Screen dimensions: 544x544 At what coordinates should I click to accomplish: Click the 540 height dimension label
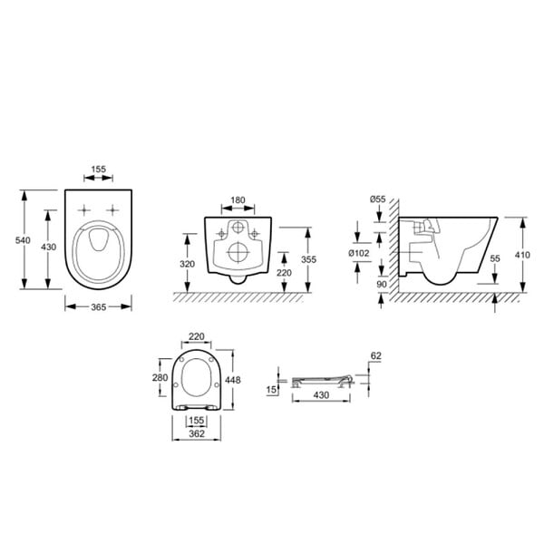tap(23, 240)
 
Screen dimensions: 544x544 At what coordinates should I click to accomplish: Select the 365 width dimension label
tap(99, 307)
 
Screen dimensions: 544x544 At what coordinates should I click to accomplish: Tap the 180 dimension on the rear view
tap(238, 200)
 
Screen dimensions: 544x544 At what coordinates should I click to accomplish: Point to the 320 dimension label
tap(188, 264)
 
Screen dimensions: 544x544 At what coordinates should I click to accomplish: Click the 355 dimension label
tap(308, 259)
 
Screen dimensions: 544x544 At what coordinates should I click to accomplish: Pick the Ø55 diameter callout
tap(377, 199)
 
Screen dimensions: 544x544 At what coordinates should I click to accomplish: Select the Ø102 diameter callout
tap(359, 253)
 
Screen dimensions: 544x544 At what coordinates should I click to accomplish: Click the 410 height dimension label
tap(522, 255)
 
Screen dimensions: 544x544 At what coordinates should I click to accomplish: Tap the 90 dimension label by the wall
tap(382, 285)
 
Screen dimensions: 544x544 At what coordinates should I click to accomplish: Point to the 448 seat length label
tap(232, 380)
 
